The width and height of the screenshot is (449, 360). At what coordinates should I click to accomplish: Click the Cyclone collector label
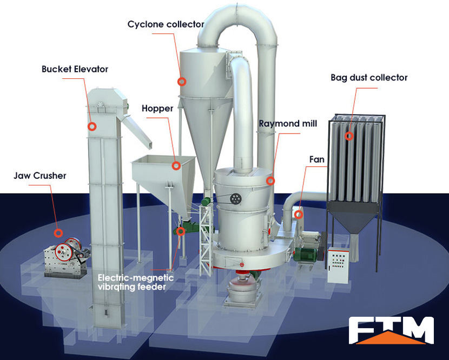166,24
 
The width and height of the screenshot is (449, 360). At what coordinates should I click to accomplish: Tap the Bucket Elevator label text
75,69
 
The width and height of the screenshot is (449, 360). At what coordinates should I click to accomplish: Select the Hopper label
157,109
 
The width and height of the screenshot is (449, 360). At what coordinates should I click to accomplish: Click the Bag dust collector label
369,78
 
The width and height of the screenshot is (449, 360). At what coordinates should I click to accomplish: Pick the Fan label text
316,160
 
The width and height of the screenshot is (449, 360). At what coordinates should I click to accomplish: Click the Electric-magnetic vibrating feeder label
135,282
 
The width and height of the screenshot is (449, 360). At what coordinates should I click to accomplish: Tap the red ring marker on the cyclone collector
182,82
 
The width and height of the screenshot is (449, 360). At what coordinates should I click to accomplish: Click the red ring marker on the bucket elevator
93,126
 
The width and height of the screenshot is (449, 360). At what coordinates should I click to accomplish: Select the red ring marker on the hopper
176,166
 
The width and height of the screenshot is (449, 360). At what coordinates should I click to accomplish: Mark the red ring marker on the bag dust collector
349,136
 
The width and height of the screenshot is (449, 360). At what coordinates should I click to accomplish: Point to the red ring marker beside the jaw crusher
58,233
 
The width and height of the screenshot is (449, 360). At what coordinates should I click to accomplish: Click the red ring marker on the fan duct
298,215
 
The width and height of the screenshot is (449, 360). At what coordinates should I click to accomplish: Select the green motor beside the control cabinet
306,254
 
